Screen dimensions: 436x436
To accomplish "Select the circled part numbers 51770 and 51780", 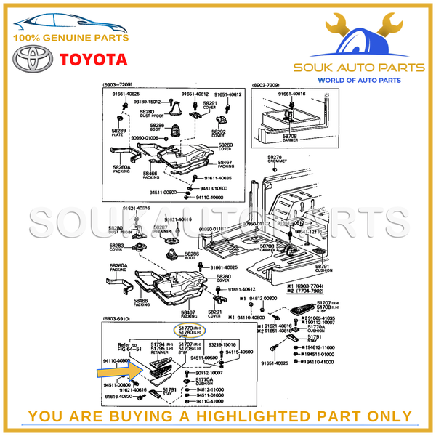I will tap(184, 331).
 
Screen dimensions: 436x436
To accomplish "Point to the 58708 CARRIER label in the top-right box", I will tap(290, 137).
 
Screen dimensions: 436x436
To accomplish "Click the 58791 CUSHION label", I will tap(322, 268).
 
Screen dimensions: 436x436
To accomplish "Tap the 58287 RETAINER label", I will tap(161, 230).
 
